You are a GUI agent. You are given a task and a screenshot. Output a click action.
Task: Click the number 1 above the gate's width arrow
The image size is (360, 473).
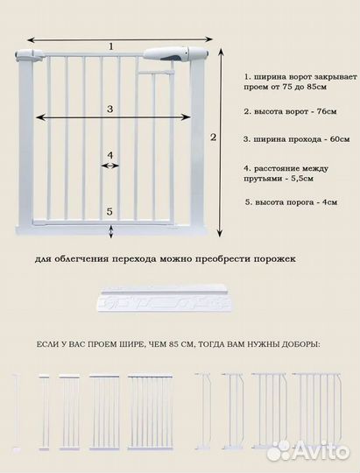coord(111,46)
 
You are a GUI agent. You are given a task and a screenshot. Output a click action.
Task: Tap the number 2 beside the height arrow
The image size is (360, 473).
coord(213,138)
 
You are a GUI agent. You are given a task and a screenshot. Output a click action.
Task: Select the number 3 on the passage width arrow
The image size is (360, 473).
coord(110,109)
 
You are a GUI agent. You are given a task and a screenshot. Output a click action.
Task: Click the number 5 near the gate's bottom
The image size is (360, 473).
coord(110,212)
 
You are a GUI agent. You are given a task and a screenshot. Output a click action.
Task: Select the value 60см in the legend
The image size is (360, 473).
coord(338,138)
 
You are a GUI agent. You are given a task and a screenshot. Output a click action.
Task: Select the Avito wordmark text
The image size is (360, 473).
coord(322,451)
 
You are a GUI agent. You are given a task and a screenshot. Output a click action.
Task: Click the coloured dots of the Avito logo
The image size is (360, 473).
coord(280,450)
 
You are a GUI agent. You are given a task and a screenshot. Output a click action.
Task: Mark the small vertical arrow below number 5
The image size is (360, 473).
coord(110,229)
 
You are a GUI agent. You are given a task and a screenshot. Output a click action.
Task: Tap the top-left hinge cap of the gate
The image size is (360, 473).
coord(25,57)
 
